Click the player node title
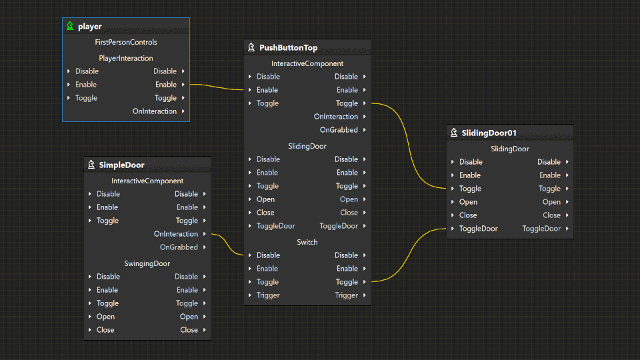pos(90,27)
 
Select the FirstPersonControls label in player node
pos(126,42)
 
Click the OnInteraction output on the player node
pos(155,111)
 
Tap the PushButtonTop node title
pos(288,48)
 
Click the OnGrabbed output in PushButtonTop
pos(339,130)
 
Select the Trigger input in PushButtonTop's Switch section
pos(268,295)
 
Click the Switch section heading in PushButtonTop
pos(307,242)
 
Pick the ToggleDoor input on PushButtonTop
pos(275,226)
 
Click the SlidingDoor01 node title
pos(489,133)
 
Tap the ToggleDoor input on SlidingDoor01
pos(478,229)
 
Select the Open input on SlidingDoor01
pos(468,202)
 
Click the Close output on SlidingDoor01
pos(551,215)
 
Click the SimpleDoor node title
pos(121,165)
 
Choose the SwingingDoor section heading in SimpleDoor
pos(147,263)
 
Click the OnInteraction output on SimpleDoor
pos(176,234)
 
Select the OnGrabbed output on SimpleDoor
pos(179,247)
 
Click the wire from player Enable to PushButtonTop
pos(217,87)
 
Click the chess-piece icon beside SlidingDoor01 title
pos(454,133)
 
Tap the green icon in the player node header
pos(70,27)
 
